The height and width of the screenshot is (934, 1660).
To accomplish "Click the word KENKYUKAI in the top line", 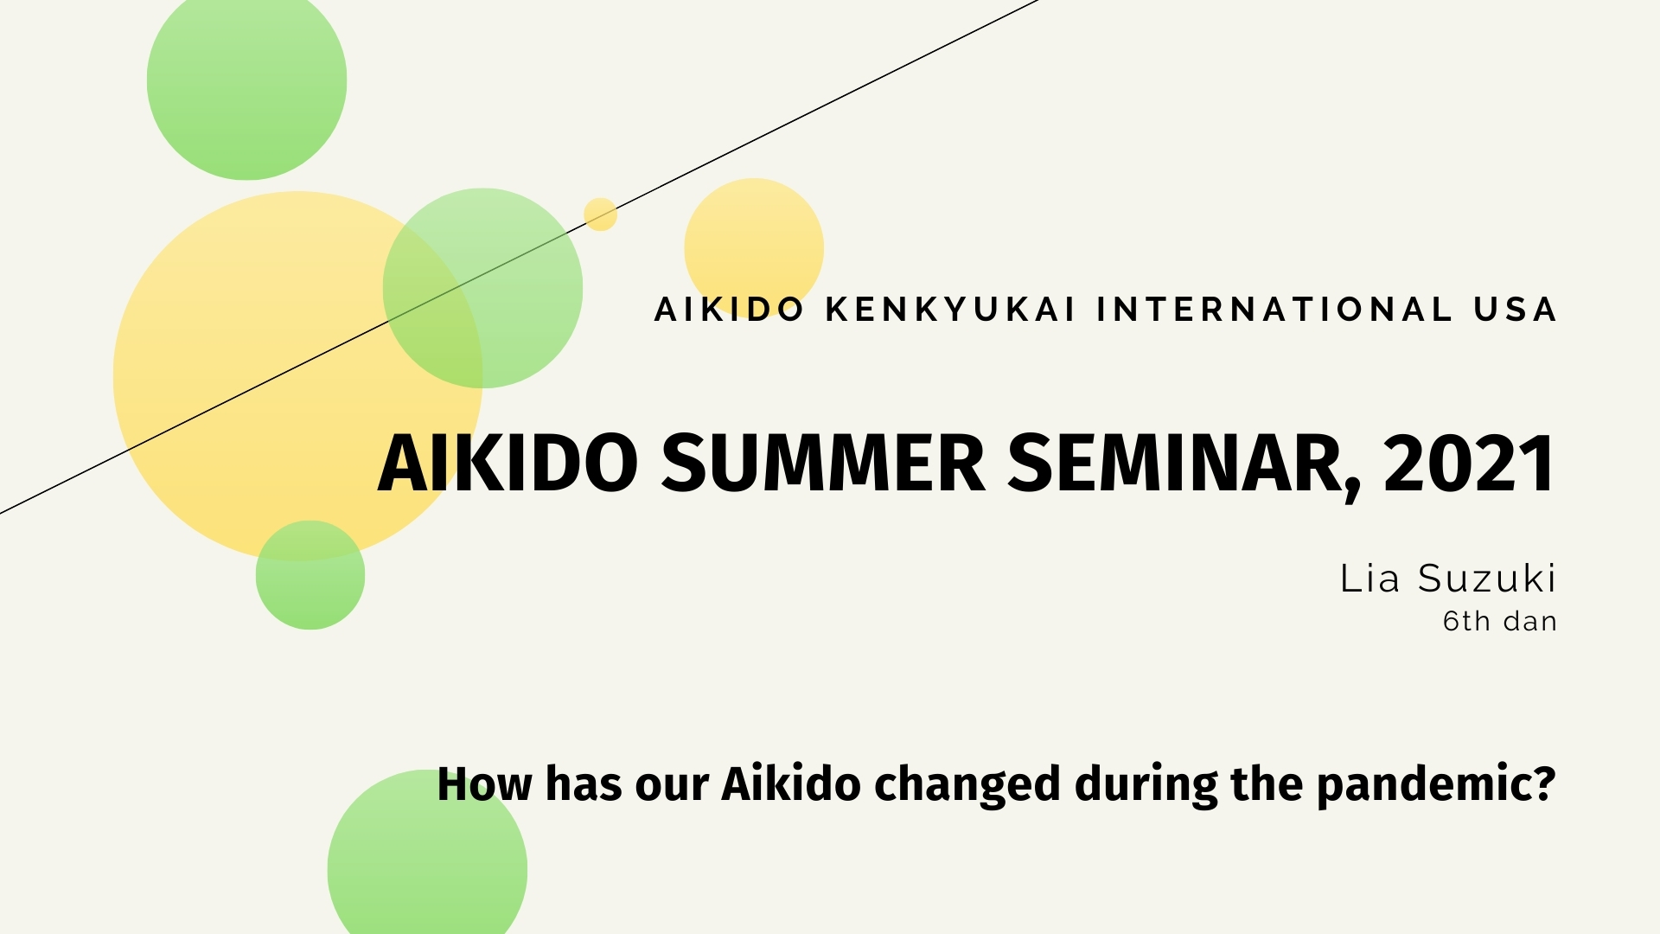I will click(x=950, y=310).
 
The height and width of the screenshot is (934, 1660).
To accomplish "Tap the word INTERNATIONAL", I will click(x=1275, y=310).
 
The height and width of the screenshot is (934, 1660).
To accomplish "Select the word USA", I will click(x=1515, y=310).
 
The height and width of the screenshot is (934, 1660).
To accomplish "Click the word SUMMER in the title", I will click(x=823, y=464).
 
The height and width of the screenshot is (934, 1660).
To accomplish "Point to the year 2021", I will click(x=1469, y=464).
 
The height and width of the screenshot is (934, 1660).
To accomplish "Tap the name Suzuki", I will click(x=1487, y=579).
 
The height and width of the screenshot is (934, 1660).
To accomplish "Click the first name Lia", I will click(x=1369, y=579).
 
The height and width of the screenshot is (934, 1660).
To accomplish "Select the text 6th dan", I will click(x=1499, y=621).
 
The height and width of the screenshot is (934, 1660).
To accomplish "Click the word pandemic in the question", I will click(x=1435, y=785).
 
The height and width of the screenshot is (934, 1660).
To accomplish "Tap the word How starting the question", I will click(x=484, y=785).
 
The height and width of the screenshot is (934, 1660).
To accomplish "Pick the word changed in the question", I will click(x=967, y=785).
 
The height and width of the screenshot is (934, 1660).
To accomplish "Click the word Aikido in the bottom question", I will click(x=791, y=784).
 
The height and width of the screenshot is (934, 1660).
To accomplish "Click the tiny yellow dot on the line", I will click(x=600, y=214).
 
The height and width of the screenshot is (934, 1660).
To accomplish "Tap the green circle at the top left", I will click(x=246, y=82).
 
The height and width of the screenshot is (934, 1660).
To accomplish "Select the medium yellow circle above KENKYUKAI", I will click(x=754, y=242).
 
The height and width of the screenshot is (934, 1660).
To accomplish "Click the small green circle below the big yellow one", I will click(x=310, y=575).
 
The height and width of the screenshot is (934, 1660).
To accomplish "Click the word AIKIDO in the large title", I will click(x=508, y=464).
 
